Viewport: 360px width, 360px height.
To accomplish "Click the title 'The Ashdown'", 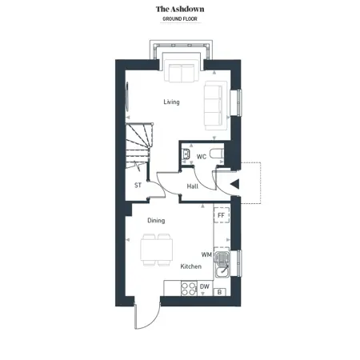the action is point(180,9).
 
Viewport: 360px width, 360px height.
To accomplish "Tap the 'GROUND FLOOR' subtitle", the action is point(180,19).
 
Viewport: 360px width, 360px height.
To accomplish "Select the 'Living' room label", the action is point(171,102).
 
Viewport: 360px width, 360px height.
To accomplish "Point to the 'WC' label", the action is point(202,157).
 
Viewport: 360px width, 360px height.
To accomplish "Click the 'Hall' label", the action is point(193,186).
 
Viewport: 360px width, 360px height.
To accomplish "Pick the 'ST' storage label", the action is point(138,185).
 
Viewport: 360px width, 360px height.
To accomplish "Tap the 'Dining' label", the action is point(156,220).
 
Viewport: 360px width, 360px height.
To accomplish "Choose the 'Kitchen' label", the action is point(191,266).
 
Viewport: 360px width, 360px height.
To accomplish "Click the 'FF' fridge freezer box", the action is point(222,215).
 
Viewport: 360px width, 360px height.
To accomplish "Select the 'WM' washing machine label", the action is point(206,254).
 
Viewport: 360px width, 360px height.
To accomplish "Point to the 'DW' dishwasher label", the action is point(205,286).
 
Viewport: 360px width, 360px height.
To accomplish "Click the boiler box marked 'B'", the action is point(220,292).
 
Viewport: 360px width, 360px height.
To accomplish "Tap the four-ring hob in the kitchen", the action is point(189,289).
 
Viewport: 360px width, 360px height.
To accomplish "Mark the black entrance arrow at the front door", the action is point(234,184).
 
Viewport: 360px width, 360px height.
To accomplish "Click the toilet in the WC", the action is point(217,154).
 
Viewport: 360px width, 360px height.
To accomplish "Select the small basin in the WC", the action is point(186,154).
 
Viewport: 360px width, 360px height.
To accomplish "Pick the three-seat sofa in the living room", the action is point(214,106).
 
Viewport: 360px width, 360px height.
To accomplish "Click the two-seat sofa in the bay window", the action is point(182,73).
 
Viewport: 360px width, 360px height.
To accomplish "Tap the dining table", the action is point(157,250).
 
